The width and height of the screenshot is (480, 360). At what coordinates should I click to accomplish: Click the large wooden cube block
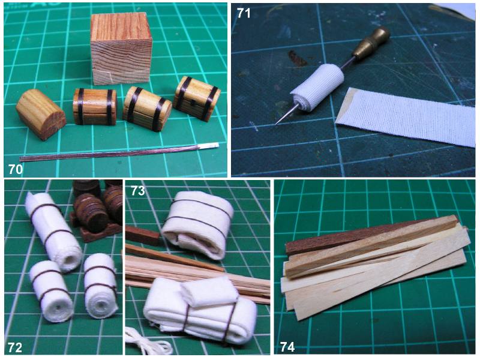tap(122, 49)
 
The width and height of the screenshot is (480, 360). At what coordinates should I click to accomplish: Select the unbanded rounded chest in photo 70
tap(40, 114)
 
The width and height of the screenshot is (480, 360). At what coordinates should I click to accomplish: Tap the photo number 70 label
tap(16, 169)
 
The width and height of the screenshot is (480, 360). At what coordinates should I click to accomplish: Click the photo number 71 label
tap(244, 13)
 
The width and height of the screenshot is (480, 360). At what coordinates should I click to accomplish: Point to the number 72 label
tap(15, 347)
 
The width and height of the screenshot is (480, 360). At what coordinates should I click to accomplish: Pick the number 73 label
tap(138, 191)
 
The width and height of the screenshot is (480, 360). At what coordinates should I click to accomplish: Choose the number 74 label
tap(287, 347)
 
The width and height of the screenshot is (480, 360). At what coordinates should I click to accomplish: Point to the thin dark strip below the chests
tap(119, 152)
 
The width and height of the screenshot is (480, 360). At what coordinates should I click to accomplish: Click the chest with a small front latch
tap(196, 98)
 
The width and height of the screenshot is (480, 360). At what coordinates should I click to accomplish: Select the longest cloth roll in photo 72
tap(53, 232)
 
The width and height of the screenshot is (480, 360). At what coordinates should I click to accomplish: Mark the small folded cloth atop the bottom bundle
tap(209, 292)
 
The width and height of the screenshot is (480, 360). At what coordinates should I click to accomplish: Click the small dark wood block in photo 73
tap(142, 234)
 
